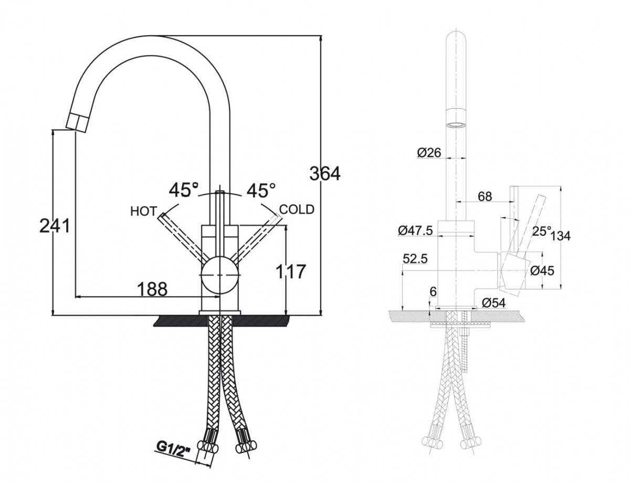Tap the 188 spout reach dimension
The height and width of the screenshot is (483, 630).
coord(152,288)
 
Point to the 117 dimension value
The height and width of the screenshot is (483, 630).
coord(289,271)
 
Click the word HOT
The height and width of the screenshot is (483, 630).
coord(143,211)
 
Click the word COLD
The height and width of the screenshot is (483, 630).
coord(297,209)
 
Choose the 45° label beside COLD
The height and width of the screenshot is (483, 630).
coord(261,190)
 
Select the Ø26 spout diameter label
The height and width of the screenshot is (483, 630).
coord(429,152)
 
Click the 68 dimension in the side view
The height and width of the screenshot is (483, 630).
coord(485,196)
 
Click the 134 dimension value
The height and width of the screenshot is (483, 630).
coord(561,236)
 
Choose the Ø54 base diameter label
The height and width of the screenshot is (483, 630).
coord(493,302)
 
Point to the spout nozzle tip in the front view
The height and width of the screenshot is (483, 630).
coord(75,123)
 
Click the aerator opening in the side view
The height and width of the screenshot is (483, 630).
coord(456,125)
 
